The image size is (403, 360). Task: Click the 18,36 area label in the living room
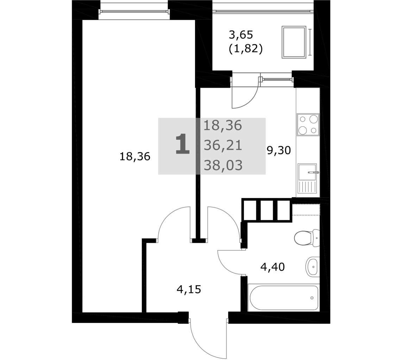pyautogui.click(x=135, y=157)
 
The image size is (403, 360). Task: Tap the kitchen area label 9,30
pyautogui.click(x=279, y=150)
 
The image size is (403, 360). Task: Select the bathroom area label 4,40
pyautogui.click(x=273, y=267)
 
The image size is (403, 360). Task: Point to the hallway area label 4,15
pyautogui.click(x=189, y=290)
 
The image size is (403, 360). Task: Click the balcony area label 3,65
pyautogui.click(x=241, y=35)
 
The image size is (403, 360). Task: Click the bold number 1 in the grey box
pyautogui.click(x=182, y=144)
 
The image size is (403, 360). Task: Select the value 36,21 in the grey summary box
pyautogui.click(x=223, y=146)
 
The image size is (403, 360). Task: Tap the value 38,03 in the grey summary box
pyautogui.click(x=223, y=165)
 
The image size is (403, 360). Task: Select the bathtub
pyautogui.click(x=284, y=298)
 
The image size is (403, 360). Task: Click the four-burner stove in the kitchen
pyautogui.click(x=308, y=125)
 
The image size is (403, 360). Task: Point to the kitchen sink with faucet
pyautogui.click(x=308, y=179)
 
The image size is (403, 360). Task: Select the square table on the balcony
pyautogui.click(x=294, y=42)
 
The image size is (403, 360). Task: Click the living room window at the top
pyautogui.click(x=134, y=11)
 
